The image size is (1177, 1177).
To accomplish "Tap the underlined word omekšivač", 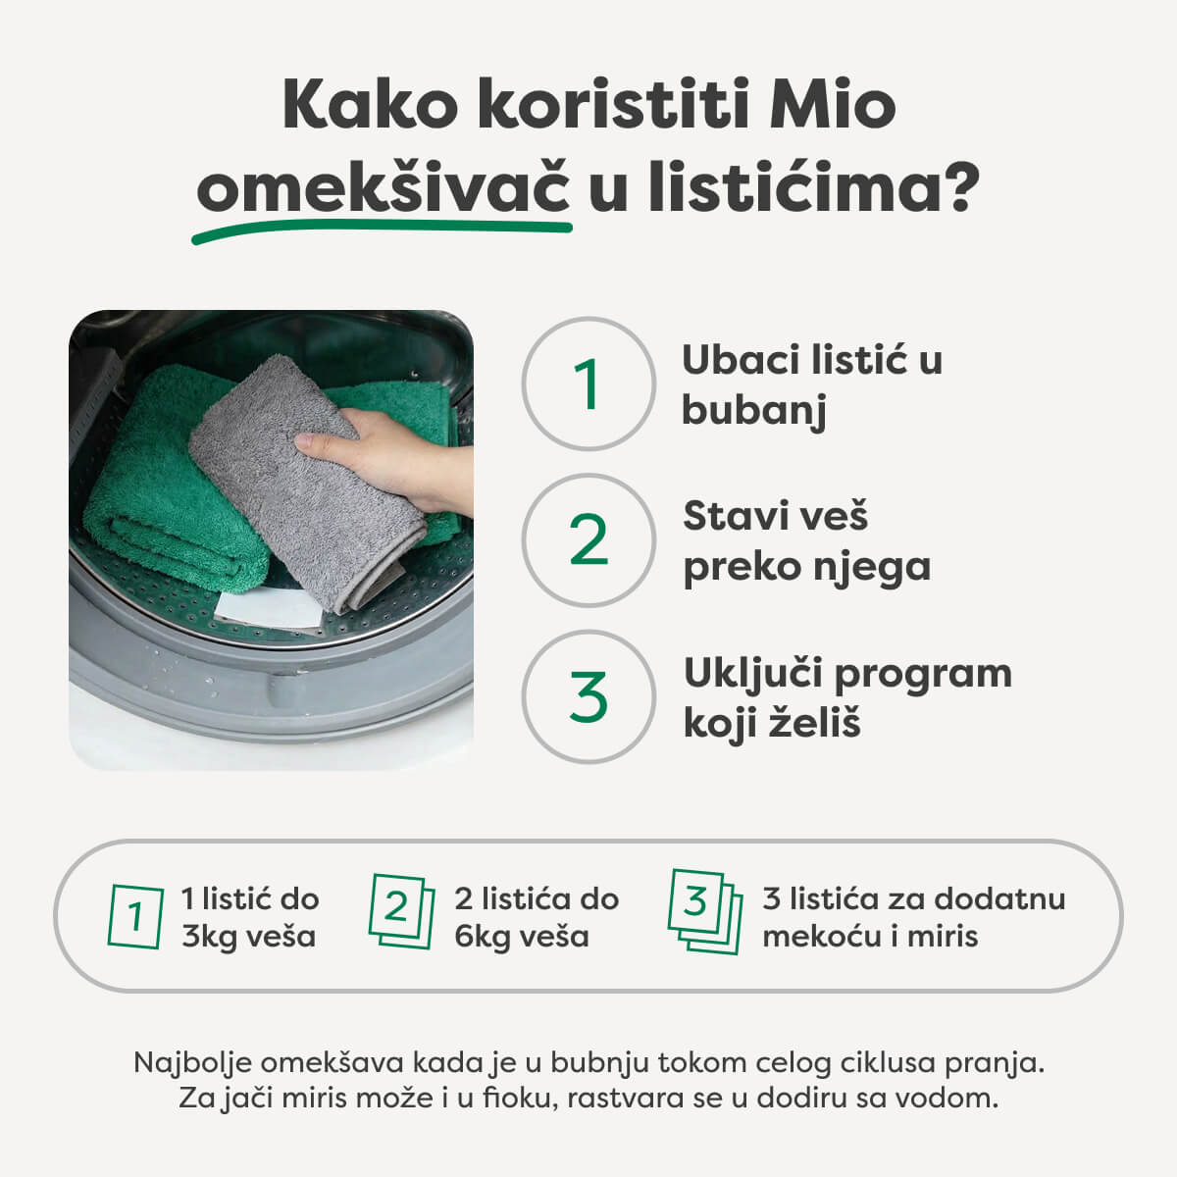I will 384,189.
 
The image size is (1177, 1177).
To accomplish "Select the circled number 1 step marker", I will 588,384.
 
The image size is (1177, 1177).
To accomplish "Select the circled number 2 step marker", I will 588,539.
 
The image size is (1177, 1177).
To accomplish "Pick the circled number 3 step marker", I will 588,696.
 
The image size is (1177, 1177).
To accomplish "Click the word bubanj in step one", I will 753,411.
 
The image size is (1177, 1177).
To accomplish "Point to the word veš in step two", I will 832,516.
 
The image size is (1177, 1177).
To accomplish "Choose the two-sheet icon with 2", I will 400,911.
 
